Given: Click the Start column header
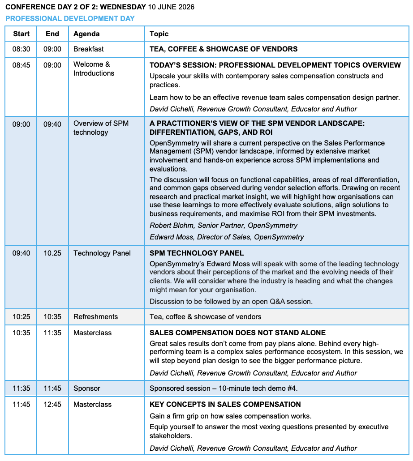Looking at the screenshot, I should [22, 34].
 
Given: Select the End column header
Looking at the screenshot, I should [52, 34].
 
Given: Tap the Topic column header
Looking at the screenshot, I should [159, 34].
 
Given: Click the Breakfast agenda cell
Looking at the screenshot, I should [89, 49].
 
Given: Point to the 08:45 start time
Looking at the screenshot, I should [22, 65].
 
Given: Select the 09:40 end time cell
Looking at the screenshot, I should [52, 124].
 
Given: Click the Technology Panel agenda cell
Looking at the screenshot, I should [102, 253].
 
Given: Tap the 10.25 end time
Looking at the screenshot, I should [52, 253].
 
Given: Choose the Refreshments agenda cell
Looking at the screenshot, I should [96, 317].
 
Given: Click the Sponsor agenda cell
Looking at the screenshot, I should [87, 388].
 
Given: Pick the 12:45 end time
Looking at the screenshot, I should [52, 405].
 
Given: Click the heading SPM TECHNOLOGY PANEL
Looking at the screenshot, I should [197, 253].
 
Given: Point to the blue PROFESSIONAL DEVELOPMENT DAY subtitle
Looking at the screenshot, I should [70, 19].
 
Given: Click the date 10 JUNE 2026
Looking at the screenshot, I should [171, 7].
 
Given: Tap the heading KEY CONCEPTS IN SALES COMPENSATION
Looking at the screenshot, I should [225, 405].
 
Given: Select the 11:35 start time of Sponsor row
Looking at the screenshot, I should [22, 388].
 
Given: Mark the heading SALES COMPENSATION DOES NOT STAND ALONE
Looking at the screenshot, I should [237, 333].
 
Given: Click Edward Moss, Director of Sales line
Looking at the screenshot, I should [227, 237].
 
